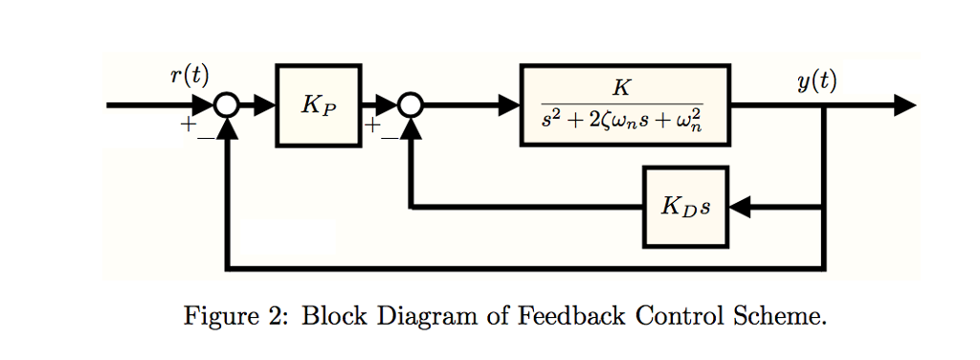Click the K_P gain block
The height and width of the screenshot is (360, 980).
[x=319, y=105]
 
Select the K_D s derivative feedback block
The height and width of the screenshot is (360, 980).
[x=685, y=207]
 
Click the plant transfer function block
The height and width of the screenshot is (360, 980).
[x=624, y=105]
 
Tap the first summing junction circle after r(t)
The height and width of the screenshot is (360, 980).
[x=227, y=105]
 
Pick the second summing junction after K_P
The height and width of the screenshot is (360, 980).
[x=411, y=105]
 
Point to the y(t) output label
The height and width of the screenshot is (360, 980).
[x=816, y=81]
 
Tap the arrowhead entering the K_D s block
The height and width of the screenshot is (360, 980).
[x=741, y=207]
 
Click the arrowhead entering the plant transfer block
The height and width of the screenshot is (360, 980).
[x=508, y=105]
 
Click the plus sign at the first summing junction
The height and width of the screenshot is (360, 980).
[x=189, y=125]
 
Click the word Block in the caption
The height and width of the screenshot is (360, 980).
[x=331, y=316]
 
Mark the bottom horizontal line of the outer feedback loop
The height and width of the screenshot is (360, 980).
[x=526, y=267]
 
